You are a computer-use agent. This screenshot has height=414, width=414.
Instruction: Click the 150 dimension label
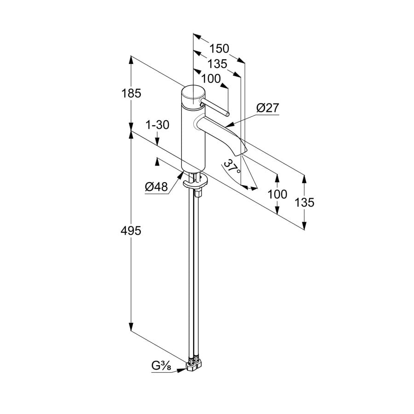pyautogui.click(x=219, y=48)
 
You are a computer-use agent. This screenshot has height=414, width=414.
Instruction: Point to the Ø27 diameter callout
pyautogui.click(x=268, y=108)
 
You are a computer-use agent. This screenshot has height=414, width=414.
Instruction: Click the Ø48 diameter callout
pyautogui.click(x=156, y=187)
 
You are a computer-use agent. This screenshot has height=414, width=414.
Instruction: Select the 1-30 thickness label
pyautogui.click(x=157, y=125)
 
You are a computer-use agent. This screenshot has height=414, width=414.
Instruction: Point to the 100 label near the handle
pyautogui.click(x=211, y=79)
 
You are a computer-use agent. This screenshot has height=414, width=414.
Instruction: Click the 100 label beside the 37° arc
pyautogui.click(x=277, y=194)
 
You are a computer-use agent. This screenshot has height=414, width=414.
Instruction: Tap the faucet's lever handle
pyautogui.click(x=215, y=107)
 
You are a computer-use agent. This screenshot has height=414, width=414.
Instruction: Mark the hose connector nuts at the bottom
pyautogui.click(x=193, y=365)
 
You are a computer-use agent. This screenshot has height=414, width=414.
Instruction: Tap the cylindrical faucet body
pyautogui.click(x=192, y=138)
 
